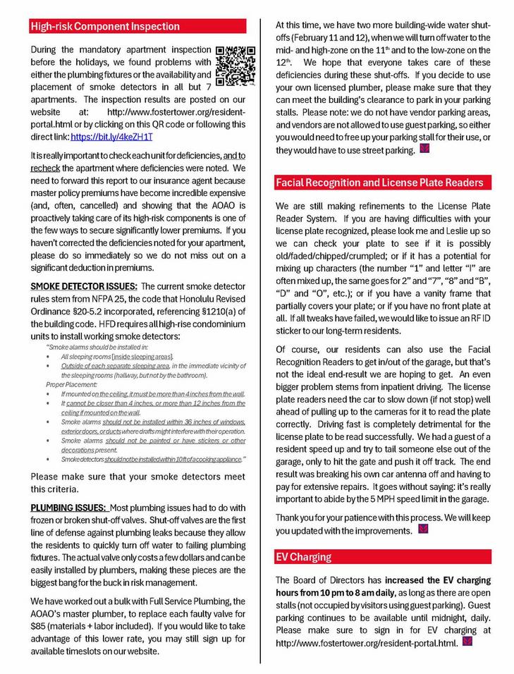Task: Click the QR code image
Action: coord(235,65)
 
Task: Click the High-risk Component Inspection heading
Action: coord(105,27)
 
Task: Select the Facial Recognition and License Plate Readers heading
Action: coord(379,183)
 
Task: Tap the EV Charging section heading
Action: coord(303,557)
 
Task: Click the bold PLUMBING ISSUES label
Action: coord(68,508)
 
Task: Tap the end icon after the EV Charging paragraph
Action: coord(465,642)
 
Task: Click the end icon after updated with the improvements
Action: coord(422,529)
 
